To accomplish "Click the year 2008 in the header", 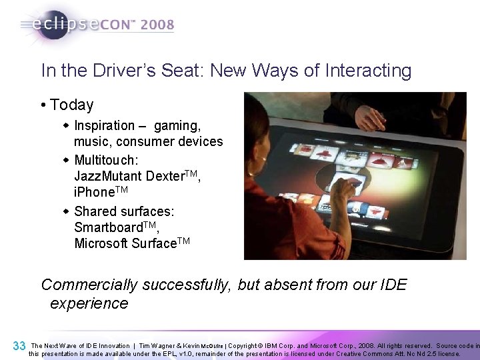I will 157,25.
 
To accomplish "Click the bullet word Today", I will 72,105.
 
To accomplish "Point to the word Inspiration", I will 105,125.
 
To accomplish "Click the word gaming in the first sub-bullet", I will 177,125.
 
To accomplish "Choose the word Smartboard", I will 109,227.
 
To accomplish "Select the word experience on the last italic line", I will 89,303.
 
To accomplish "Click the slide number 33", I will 19,346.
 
